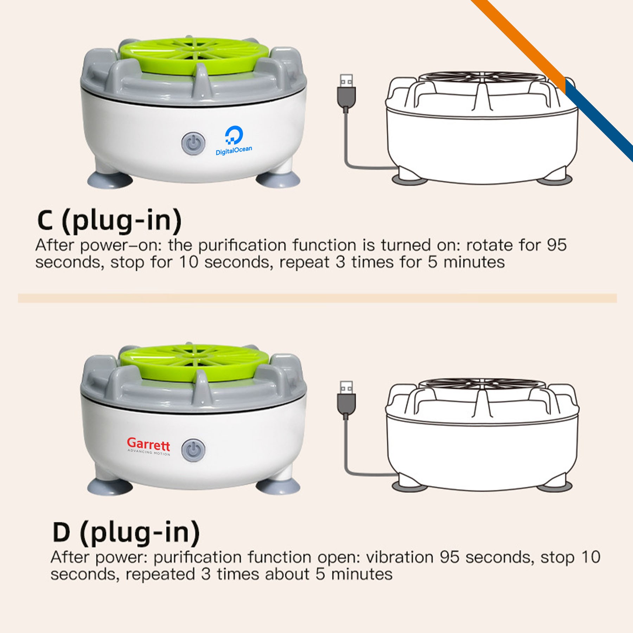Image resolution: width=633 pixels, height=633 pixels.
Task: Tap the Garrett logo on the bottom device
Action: coord(149,446)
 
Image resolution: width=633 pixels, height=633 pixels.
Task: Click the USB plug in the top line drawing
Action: coord(346,91)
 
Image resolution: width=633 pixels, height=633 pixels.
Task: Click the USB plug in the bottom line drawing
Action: coord(346,398)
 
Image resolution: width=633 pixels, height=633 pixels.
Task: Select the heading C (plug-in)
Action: coord(109,220)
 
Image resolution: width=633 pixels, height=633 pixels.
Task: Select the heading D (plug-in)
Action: coord(126,532)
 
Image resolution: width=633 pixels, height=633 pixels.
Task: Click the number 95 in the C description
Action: coord(557,245)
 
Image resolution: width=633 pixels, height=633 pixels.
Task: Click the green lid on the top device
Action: coord(195,56)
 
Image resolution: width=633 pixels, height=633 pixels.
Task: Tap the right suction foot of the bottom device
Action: coord(278,486)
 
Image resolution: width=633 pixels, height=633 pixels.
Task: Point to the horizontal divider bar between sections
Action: coord(317,298)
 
